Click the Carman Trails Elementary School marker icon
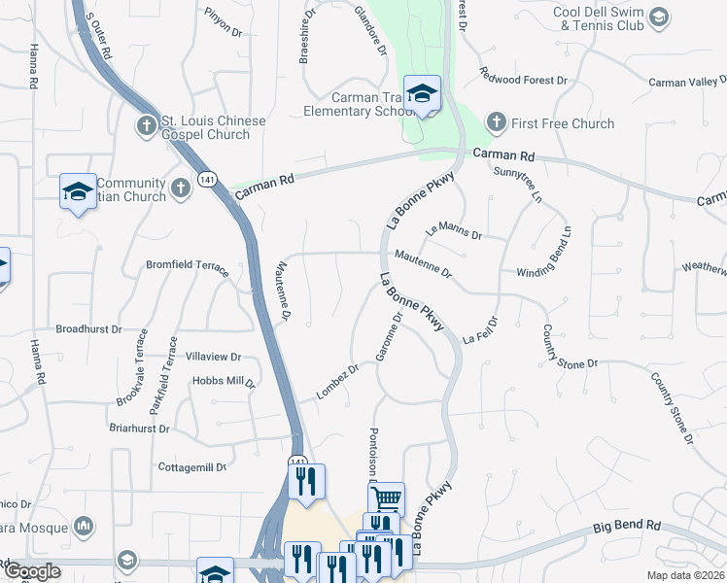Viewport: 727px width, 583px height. pos(422,93)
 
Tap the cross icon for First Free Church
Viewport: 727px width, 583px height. pos(496,122)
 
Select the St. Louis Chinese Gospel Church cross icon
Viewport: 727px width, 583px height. pos(146,124)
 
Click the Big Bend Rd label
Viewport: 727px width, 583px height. pos(628,527)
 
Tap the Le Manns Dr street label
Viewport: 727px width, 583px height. pos(453,231)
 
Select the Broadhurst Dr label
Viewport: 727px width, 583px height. pos(88,329)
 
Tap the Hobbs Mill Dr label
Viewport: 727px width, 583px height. pos(224,382)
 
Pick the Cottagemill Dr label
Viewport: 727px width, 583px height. pos(192,467)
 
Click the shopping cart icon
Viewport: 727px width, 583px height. pos(387,499)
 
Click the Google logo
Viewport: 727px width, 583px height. pos(31,571)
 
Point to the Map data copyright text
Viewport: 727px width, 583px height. pos(689,573)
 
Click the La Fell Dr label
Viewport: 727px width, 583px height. pos(480,330)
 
